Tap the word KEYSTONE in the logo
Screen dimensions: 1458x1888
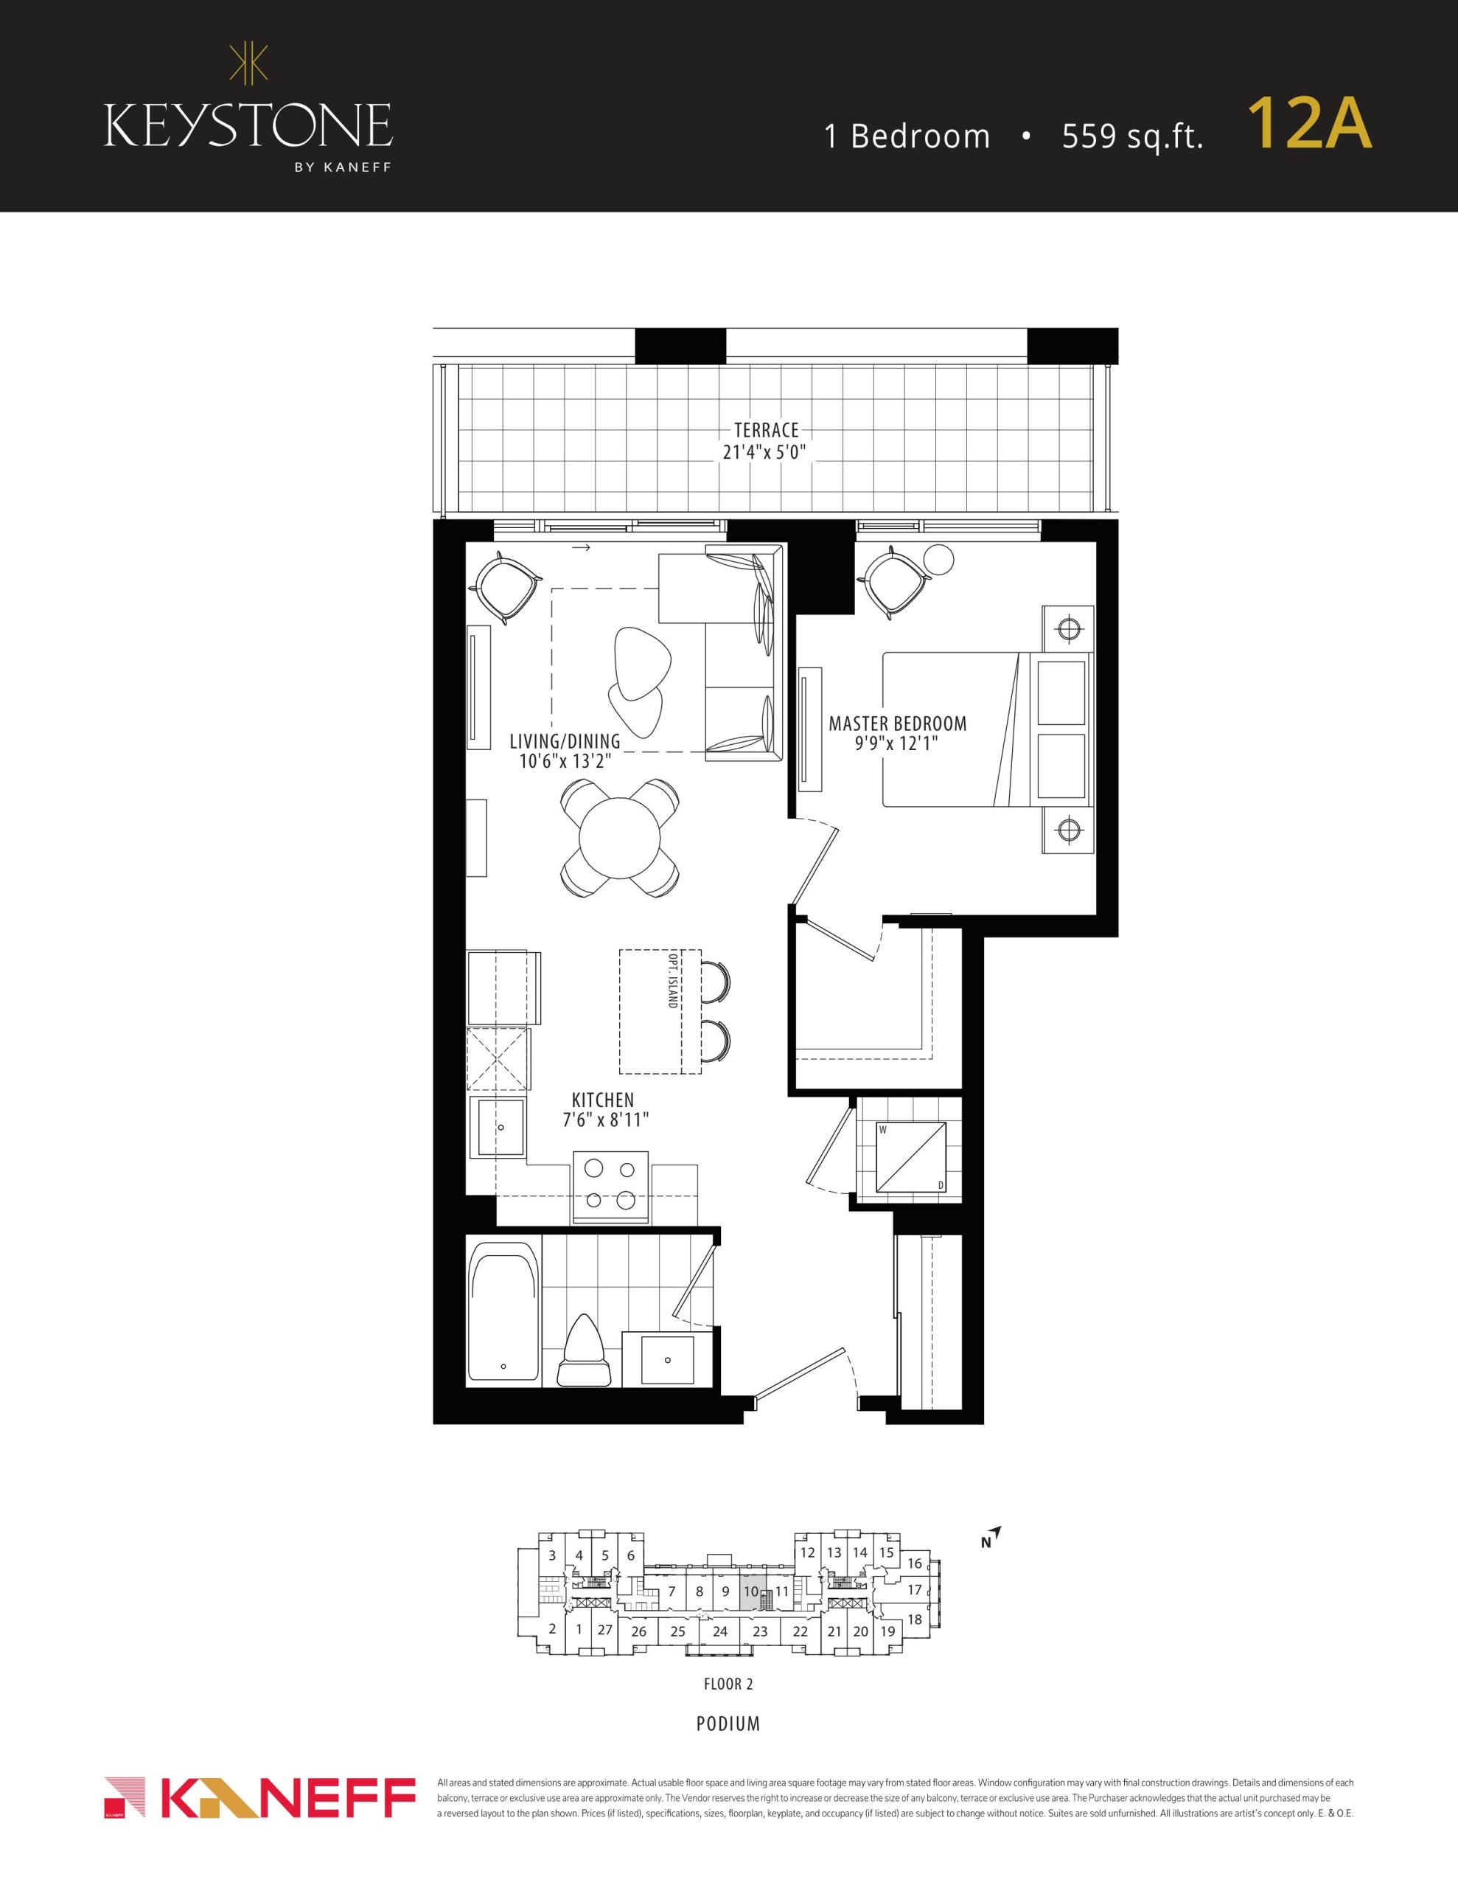[x=248, y=125]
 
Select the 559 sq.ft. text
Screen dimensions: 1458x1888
[x=1132, y=136]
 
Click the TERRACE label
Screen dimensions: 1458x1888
[x=766, y=430]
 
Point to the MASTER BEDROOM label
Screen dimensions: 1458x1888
[x=897, y=723]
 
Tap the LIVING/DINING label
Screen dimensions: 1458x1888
[x=565, y=741]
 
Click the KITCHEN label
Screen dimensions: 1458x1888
[x=603, y=1100]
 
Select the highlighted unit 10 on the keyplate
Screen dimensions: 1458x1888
[x=750, y=1592]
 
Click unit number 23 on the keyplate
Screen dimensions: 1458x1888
[x=760, y=1632]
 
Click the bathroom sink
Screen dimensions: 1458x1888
[x=667, y=1360]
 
